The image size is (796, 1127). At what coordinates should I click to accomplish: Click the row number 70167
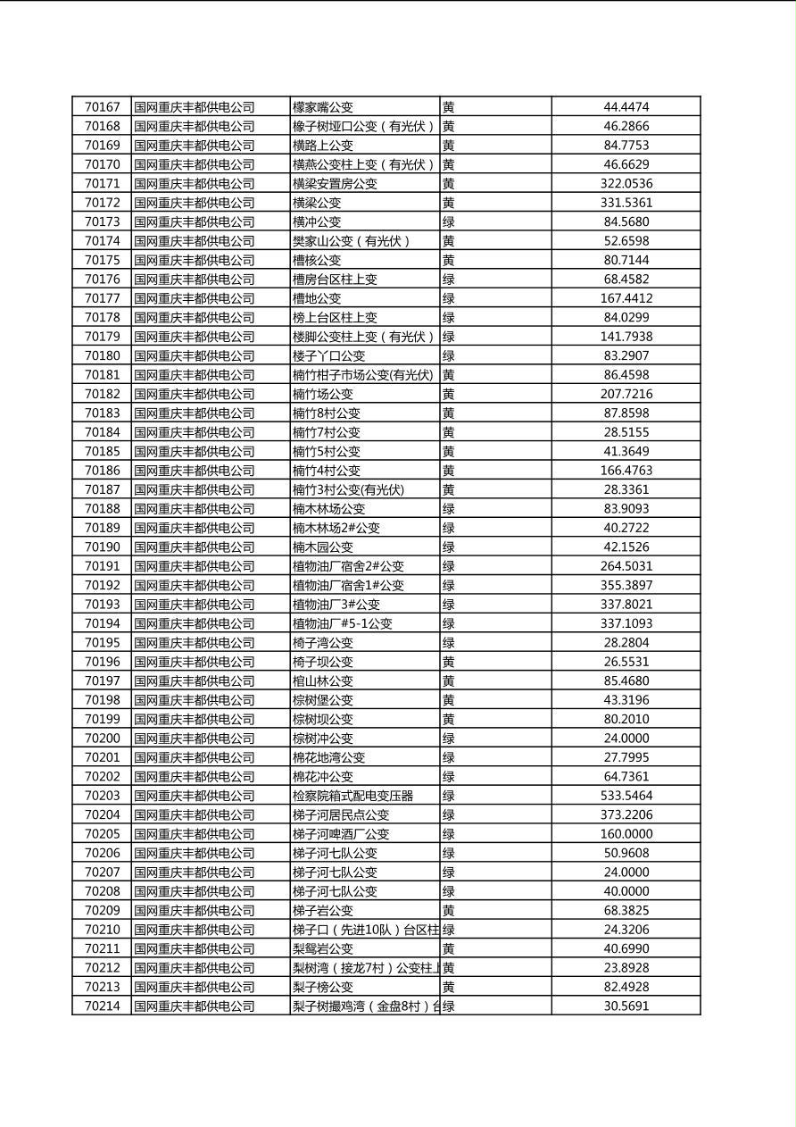coord(102,107)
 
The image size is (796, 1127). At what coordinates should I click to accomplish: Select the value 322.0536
coord(626,184)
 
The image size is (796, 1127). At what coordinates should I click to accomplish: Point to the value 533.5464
coord(626,796)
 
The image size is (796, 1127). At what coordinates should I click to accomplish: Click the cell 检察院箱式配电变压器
coord(352,796)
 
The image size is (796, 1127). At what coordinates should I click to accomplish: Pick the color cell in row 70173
coord(449,221)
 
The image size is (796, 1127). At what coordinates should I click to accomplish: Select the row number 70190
coord(102,547)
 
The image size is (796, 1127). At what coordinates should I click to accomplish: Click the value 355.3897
coord(626,586)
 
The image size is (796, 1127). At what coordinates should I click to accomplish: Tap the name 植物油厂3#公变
coord(336,605)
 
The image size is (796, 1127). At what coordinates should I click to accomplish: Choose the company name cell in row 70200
coord(195,739)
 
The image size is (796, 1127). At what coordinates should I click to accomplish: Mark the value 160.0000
coord(626,834)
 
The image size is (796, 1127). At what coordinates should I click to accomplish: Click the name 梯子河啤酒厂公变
coord(341,834)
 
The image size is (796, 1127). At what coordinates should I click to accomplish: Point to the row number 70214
coord(102,1006)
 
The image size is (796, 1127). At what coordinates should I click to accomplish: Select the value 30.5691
coord(626,1006)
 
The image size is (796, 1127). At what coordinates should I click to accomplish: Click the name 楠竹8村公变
coord(327,413)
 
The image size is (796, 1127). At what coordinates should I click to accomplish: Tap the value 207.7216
coord(626,394)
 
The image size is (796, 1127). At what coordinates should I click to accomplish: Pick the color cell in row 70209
coord(449,911)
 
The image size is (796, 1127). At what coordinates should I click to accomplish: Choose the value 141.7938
coord(626,337)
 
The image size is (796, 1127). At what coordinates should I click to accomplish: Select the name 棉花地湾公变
coord(329,757)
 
